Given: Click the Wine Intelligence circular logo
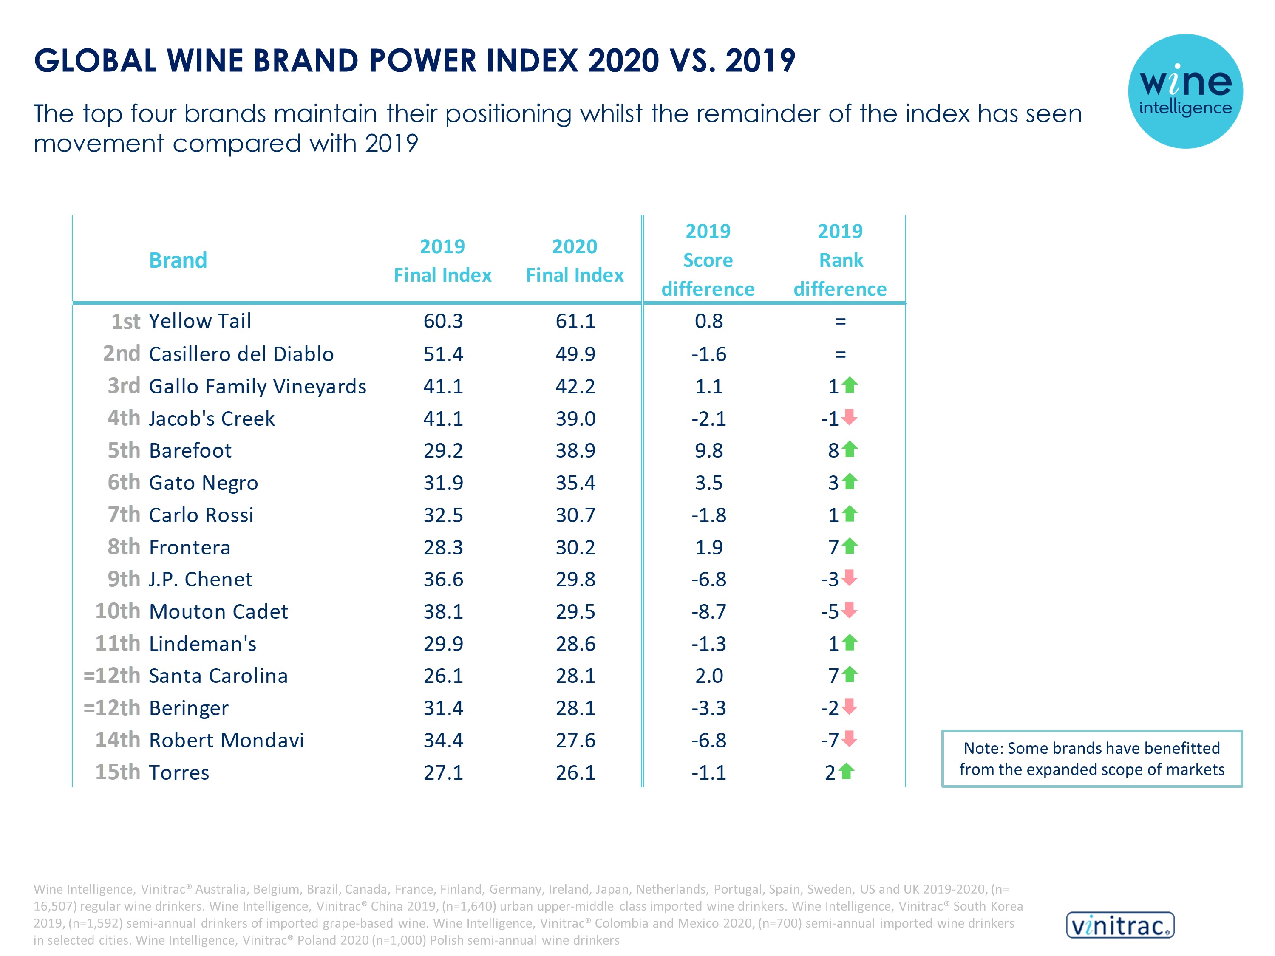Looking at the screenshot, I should click(1185, 91).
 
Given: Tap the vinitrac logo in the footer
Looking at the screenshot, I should click(1120, 925).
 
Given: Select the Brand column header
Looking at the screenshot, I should click(178, 260).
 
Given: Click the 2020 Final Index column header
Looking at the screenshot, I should click(575, 260).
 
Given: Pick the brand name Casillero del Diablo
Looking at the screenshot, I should click(241, 354).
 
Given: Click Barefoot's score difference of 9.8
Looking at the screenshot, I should click(708, 451).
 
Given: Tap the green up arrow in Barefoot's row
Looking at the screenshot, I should click(850, 449).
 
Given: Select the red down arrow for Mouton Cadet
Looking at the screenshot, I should click(850, 610).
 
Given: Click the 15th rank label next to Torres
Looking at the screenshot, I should click(118, 772).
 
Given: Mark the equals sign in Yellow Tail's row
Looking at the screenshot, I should click(840, 321).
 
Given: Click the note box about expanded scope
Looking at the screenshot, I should click(1092, 758).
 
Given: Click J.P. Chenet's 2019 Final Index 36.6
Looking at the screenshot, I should click(443, 579).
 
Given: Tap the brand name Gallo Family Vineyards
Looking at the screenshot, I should click(257, 386).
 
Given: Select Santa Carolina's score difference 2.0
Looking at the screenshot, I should click(708, 676).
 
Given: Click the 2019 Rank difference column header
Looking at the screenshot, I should click(840, 260).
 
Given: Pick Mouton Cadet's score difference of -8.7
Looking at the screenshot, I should click(708, 611).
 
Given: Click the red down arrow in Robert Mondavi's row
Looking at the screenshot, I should click(850, 738).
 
